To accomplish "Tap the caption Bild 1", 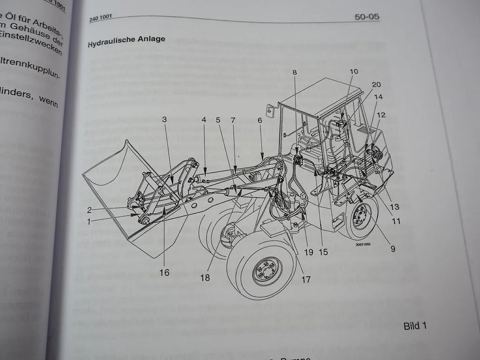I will tap(415, 326).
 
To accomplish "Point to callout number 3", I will tap(164, 120).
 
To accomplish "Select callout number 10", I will tap(353, 72).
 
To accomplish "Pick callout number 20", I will tap(376, 84).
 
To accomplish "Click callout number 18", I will tap(205, 277).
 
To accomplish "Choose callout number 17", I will tap(306, 280).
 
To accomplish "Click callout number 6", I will tap(260, 120).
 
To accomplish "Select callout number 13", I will tap(394, 207).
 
